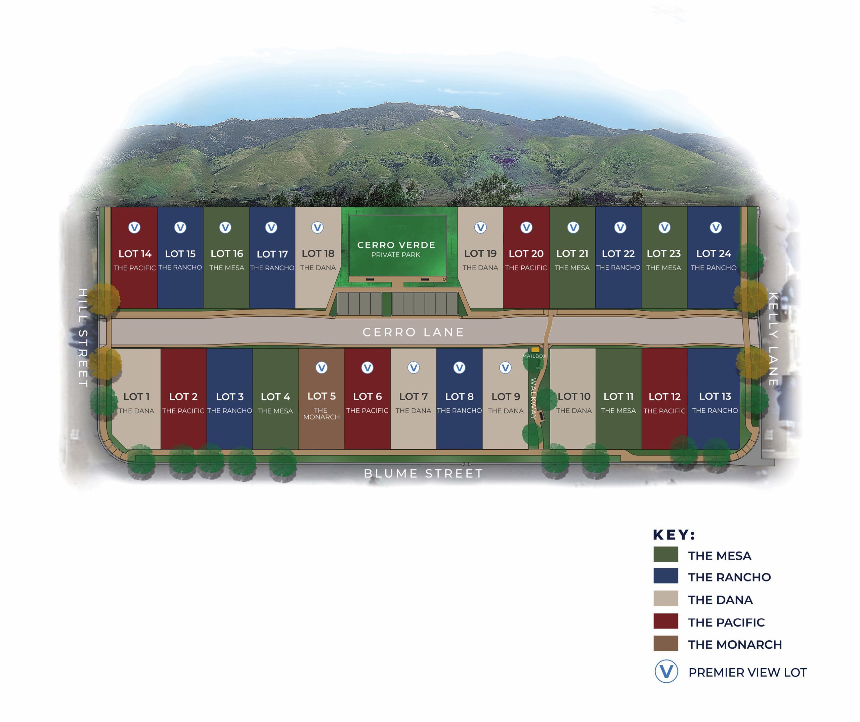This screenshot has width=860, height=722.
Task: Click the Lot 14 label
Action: coord(135,254)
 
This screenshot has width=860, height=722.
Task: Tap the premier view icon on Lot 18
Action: coord(317,228)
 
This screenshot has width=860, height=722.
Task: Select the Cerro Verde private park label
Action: coord(396,249)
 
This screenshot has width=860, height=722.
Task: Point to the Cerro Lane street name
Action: coord(413,332)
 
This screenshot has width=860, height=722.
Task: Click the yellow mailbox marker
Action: coord(535,350)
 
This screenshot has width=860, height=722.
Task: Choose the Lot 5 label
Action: coord(321,396)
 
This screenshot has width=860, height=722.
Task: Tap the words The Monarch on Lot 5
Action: coord(321,413)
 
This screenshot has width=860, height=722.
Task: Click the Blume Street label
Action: coord(423,473)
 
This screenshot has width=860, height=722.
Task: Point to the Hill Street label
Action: coord(83,337)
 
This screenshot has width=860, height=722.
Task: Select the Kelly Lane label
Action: coord(773,339)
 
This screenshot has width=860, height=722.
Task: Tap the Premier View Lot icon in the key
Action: coord(666,671)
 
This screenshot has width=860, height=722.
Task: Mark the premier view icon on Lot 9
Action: coord(505,368)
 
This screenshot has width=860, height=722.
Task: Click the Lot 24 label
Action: coord(714,254)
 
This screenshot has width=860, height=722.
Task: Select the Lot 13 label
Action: coord(715,396)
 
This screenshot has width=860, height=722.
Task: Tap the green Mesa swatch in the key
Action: coord(665,554)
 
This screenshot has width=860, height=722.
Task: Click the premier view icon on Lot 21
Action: coord(573,228)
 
